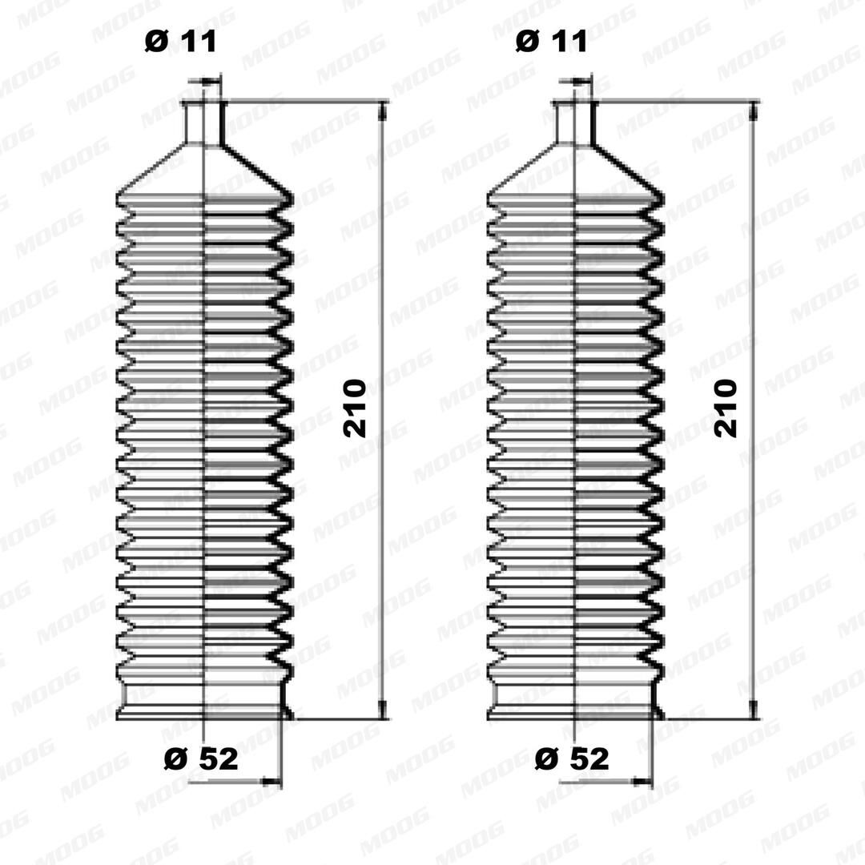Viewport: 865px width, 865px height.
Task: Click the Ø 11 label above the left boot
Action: tap(180, 42)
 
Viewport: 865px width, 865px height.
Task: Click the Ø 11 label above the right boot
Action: tap(551, 42)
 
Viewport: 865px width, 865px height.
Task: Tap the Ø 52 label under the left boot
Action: tap(201, 758)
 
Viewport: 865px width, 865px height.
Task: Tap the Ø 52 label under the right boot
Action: tap(572, 758)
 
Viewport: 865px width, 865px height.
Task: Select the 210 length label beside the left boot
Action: tap(354, 408)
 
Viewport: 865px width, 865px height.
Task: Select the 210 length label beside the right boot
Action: tap(725, 408)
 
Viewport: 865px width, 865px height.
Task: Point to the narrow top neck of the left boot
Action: tap(204, 123)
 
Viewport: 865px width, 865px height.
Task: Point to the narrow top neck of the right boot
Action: tap(575, 123)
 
